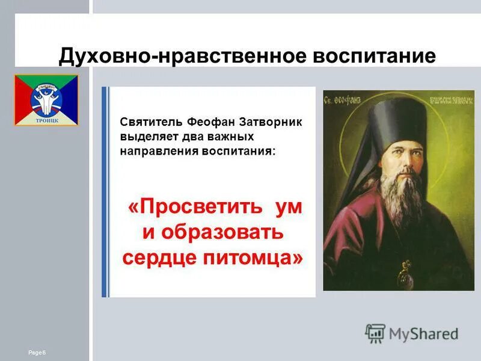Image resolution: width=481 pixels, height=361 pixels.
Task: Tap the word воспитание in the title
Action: click(373, 57)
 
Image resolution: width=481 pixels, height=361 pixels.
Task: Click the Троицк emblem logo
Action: click(46, 100)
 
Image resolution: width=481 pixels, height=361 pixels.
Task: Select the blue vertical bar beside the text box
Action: click(105, 192)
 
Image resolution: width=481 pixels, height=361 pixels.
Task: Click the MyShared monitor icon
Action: click(375, 333)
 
